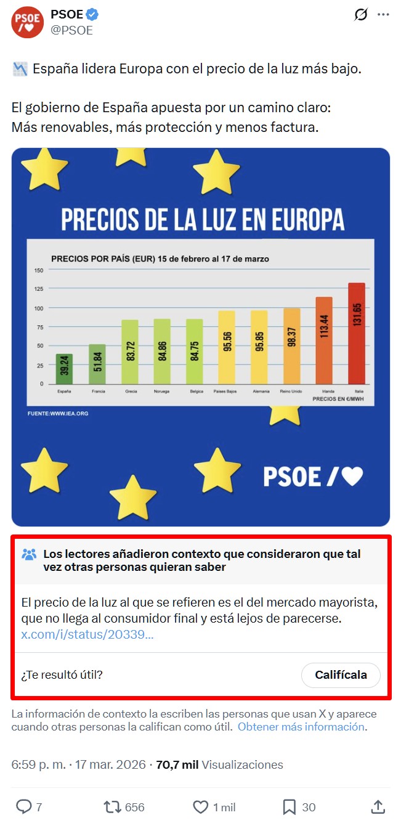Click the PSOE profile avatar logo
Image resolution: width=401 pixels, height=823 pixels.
coord(27,22)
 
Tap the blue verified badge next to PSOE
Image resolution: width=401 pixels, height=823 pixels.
coord(92,15)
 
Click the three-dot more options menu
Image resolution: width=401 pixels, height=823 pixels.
coord(383,15)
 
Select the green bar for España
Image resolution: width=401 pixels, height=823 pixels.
coord(64,369)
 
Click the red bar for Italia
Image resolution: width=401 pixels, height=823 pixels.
coord(357,334)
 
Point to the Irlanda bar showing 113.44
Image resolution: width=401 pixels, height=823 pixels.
coord(324,341)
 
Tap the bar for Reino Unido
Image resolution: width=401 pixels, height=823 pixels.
coord(291,346)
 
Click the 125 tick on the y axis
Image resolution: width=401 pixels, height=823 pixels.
coord(39,289)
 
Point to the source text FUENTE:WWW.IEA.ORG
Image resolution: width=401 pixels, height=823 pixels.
coord(58,413)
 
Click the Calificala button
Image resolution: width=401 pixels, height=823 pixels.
coord(341,675)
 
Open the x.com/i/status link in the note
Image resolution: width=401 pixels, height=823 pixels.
coord(87,634)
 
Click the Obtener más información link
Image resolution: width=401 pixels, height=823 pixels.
coord(302,727)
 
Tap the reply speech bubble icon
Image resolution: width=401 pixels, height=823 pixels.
coord(23,807)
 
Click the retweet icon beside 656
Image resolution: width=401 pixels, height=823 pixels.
coord(112,807)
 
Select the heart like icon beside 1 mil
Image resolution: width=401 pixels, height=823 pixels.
coord(201,807)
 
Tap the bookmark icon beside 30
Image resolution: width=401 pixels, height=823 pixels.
coord(289,807)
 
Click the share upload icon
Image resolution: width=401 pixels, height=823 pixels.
coord(378,807)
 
